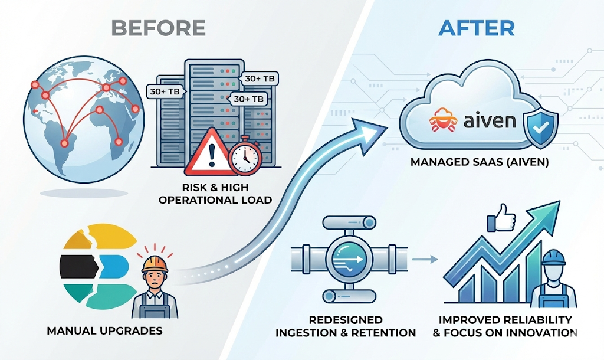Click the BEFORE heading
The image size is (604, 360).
pyautogui.click(x=158, y=28)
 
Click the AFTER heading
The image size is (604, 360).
pyautogui.click(x=477, y=28)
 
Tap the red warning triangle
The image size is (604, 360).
pyautogui.click(x=207, y=155)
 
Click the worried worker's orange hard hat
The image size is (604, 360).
pyautogui.click(x=155, y=262)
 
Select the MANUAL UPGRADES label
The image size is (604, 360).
pyautogui.click(x=104, y=330)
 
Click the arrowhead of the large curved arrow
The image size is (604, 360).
pyautogui.click(x=369, y=130)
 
